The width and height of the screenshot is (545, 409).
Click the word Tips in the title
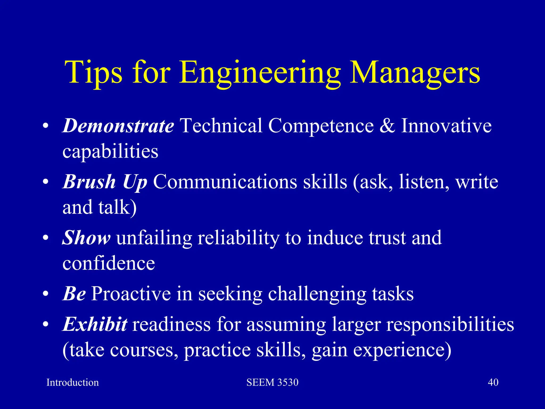point(93,72)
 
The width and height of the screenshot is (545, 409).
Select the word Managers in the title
point(415,72)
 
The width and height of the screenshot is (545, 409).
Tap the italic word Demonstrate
point(118,126)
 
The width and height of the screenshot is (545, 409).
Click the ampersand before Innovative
point(387,126)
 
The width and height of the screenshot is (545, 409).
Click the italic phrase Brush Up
point(105,182)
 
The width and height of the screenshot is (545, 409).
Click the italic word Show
point(86,238)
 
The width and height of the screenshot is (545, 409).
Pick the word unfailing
point(154,238)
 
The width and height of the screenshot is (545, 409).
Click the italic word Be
point(74,293)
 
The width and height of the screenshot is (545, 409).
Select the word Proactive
point(131,293)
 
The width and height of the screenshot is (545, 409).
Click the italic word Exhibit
point(95,324)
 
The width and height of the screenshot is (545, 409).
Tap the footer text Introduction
point(72,382)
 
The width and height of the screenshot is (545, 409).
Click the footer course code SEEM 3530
point(272,382)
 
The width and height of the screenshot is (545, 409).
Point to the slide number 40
point(493,382)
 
